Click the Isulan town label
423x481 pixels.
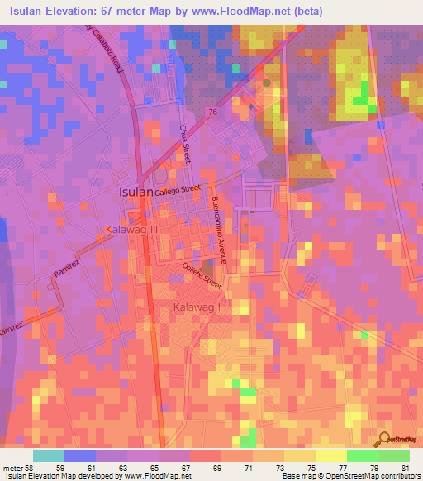136,191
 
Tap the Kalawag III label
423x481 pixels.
131,229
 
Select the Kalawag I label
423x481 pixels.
198,308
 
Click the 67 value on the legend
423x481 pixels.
187,467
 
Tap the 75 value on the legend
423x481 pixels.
312,467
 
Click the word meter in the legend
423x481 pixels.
13,467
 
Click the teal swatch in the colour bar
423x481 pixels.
49,455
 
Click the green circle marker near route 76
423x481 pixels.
266,83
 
